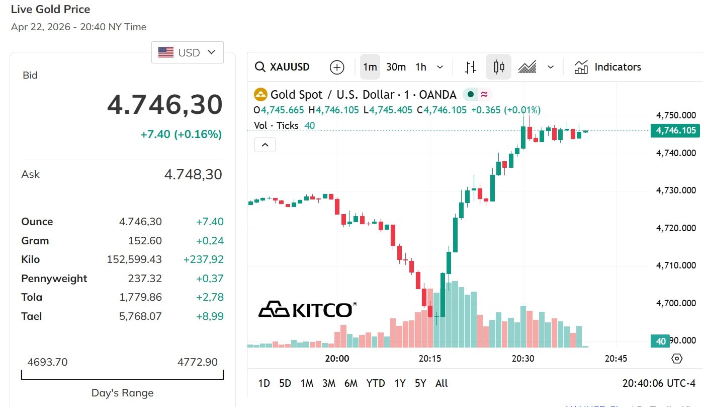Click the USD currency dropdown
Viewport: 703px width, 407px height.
(x=187, y=52)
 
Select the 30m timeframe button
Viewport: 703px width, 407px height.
(x=396, y=67)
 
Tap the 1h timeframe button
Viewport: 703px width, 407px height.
(x=421, y=67)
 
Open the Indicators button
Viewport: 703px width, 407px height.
(x=608, y=67)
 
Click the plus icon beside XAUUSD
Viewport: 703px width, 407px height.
(x=336, y=67)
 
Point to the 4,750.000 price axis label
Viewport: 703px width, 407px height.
(x=676, y=115)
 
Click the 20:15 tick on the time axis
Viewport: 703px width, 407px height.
(x=430, y=359)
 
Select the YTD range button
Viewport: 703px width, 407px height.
(x=375, y=383)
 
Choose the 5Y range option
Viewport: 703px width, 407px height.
(x=420, y=383)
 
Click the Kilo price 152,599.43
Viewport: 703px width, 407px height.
(x=134, y=259)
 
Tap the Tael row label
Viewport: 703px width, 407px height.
(x=32, y=316)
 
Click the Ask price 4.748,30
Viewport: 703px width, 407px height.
(x=193, y=174)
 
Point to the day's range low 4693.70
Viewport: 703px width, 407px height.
(x=47, y=362)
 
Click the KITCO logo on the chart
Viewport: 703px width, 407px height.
(x=307, y=309)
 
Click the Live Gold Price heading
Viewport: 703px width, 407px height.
(x=51, y=9)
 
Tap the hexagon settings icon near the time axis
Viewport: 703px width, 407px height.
(x=677, y=359)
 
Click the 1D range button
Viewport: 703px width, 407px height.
(x=264, y=383)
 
